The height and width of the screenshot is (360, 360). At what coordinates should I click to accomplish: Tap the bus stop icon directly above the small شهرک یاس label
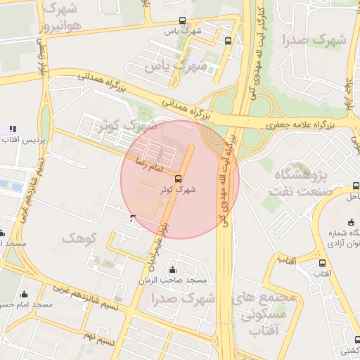[183, 20]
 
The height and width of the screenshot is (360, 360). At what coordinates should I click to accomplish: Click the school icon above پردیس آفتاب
[12, 129]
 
